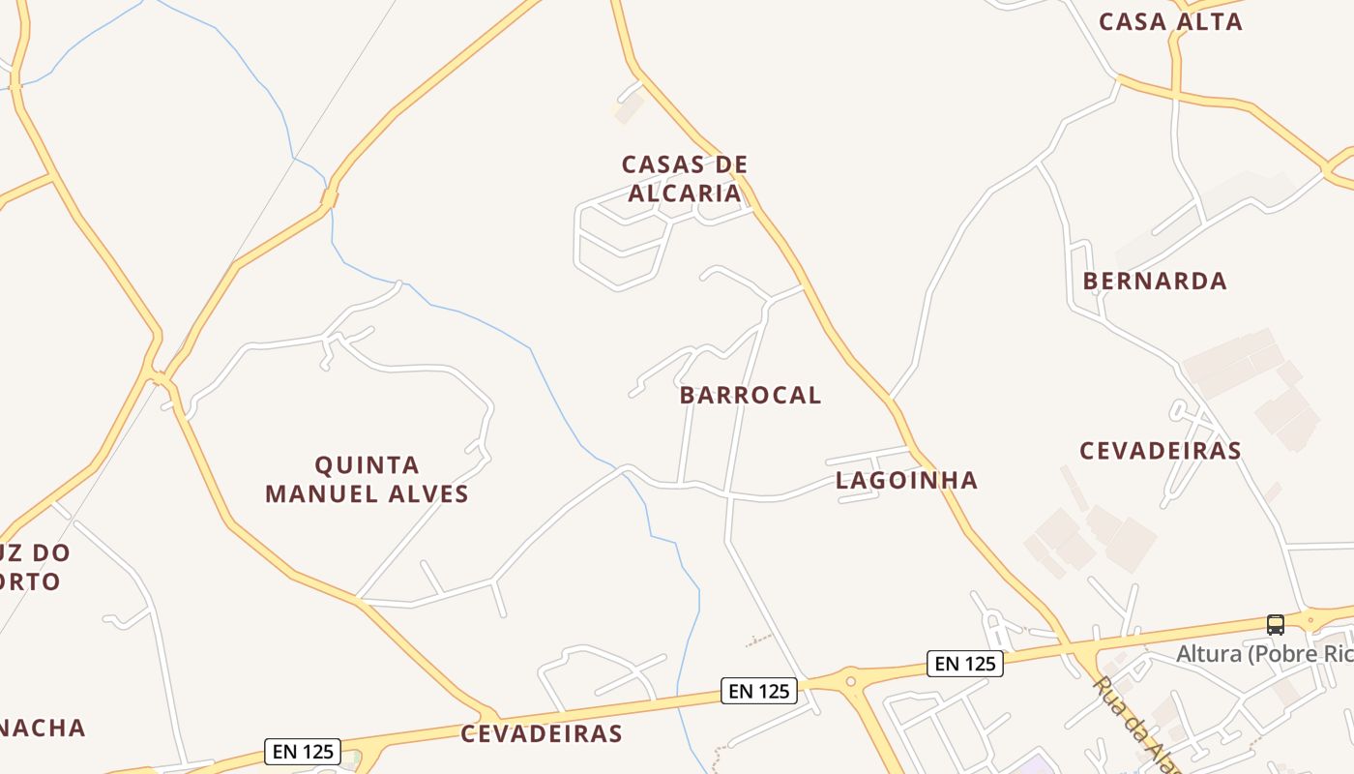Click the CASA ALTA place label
coord(1170,22)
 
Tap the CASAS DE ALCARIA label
coord(684,179)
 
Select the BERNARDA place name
coord(1154,282)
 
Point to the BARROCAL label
coord(750,396)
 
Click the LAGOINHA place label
coord(906,481)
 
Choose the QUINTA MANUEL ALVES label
coord(367,480)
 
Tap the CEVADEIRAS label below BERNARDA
coord(1160,451)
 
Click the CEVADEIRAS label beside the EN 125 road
coord(541,734)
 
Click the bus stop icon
coord(1275,625)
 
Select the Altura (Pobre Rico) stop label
coord(1263,655)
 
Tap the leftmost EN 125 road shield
coord(302,751)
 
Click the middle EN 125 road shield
coord(759,691)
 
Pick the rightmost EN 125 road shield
coord(964,664)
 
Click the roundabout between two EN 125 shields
coord(851,681)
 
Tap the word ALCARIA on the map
coord(684,193)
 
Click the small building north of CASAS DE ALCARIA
coord(629,108)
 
